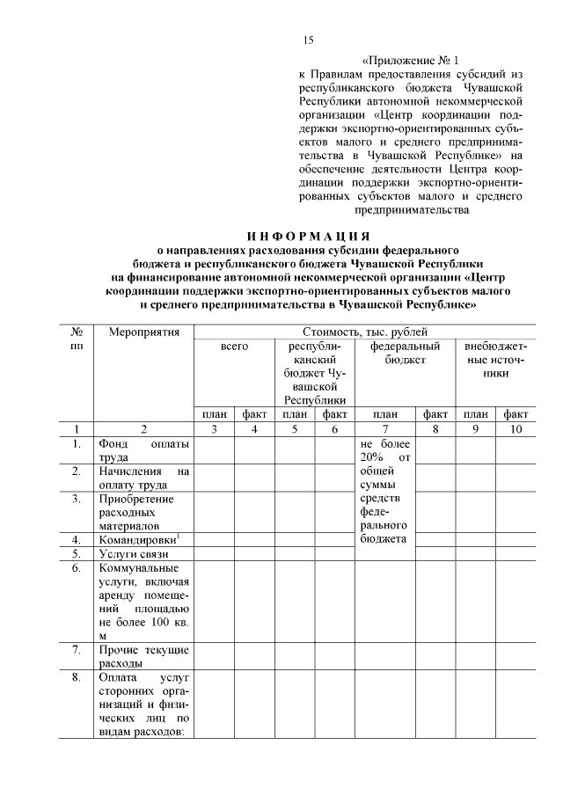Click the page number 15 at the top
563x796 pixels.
point(308,40)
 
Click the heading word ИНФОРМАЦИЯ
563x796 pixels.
point(307,236)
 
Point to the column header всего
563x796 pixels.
point(234,347)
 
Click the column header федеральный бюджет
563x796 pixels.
point(398,354)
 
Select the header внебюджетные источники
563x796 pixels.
point(495,360)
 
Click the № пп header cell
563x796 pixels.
point(77,340)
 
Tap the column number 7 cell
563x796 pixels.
point(385,429)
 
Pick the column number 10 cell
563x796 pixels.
point(515,429)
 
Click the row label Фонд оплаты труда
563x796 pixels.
point(143,450)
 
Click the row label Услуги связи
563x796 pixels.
point(134,554)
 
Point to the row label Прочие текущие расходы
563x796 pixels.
point(143,656)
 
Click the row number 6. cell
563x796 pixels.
point(77,569)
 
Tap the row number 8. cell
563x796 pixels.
point(77,678)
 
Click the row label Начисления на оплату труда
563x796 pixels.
point(143,478)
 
